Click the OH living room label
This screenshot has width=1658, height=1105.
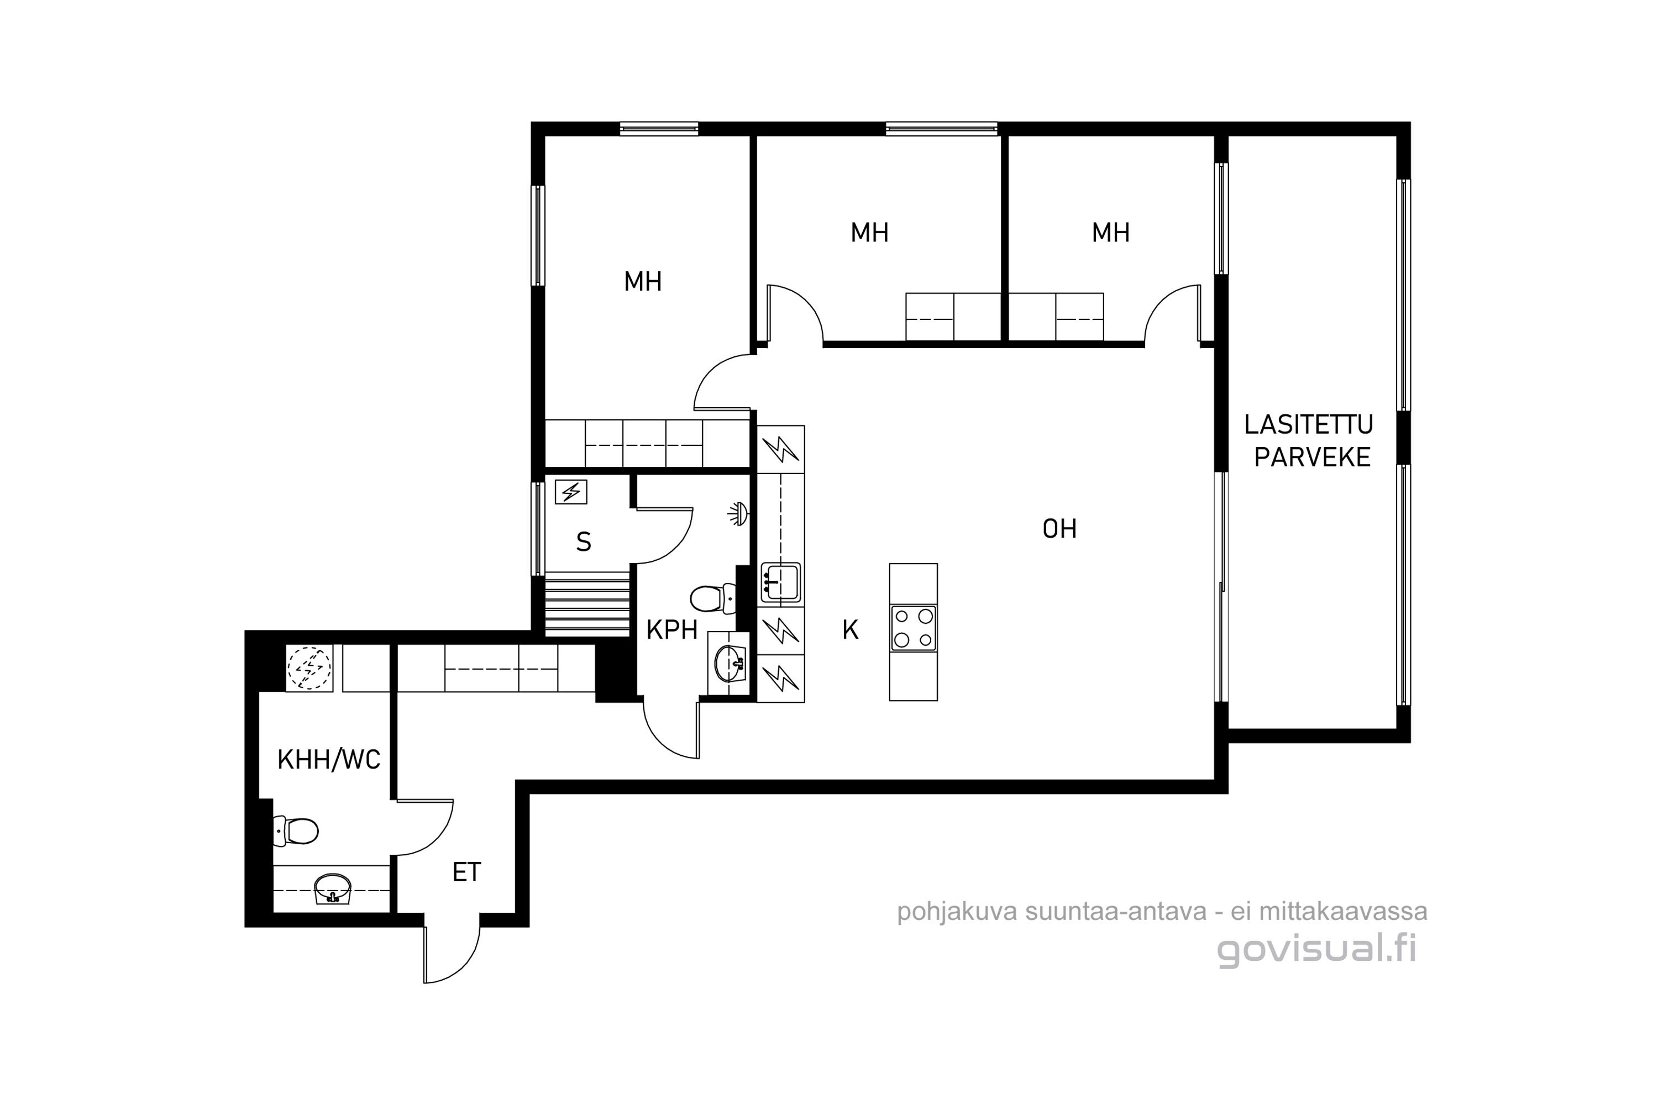[x=1059, y=529]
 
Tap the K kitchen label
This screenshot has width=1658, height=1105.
[x=850, y=630]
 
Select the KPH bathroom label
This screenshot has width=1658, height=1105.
[x=672, y=630]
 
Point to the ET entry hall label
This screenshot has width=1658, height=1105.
[x=466, y=872]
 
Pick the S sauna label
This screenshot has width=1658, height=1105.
[x=584, y=542]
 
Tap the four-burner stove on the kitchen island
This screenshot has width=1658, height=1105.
[x=914, y=628]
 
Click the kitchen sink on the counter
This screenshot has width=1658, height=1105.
[x=780, y=582]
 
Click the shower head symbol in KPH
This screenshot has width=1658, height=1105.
[x=738, y=514]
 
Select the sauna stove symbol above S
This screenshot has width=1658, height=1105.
[x=571, y=491]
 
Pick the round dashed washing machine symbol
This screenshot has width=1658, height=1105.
[x=309, y=668]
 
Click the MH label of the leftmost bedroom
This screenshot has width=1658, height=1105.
[x=643, y=282]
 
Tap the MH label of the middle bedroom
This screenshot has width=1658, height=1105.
[x=869, y=233]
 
